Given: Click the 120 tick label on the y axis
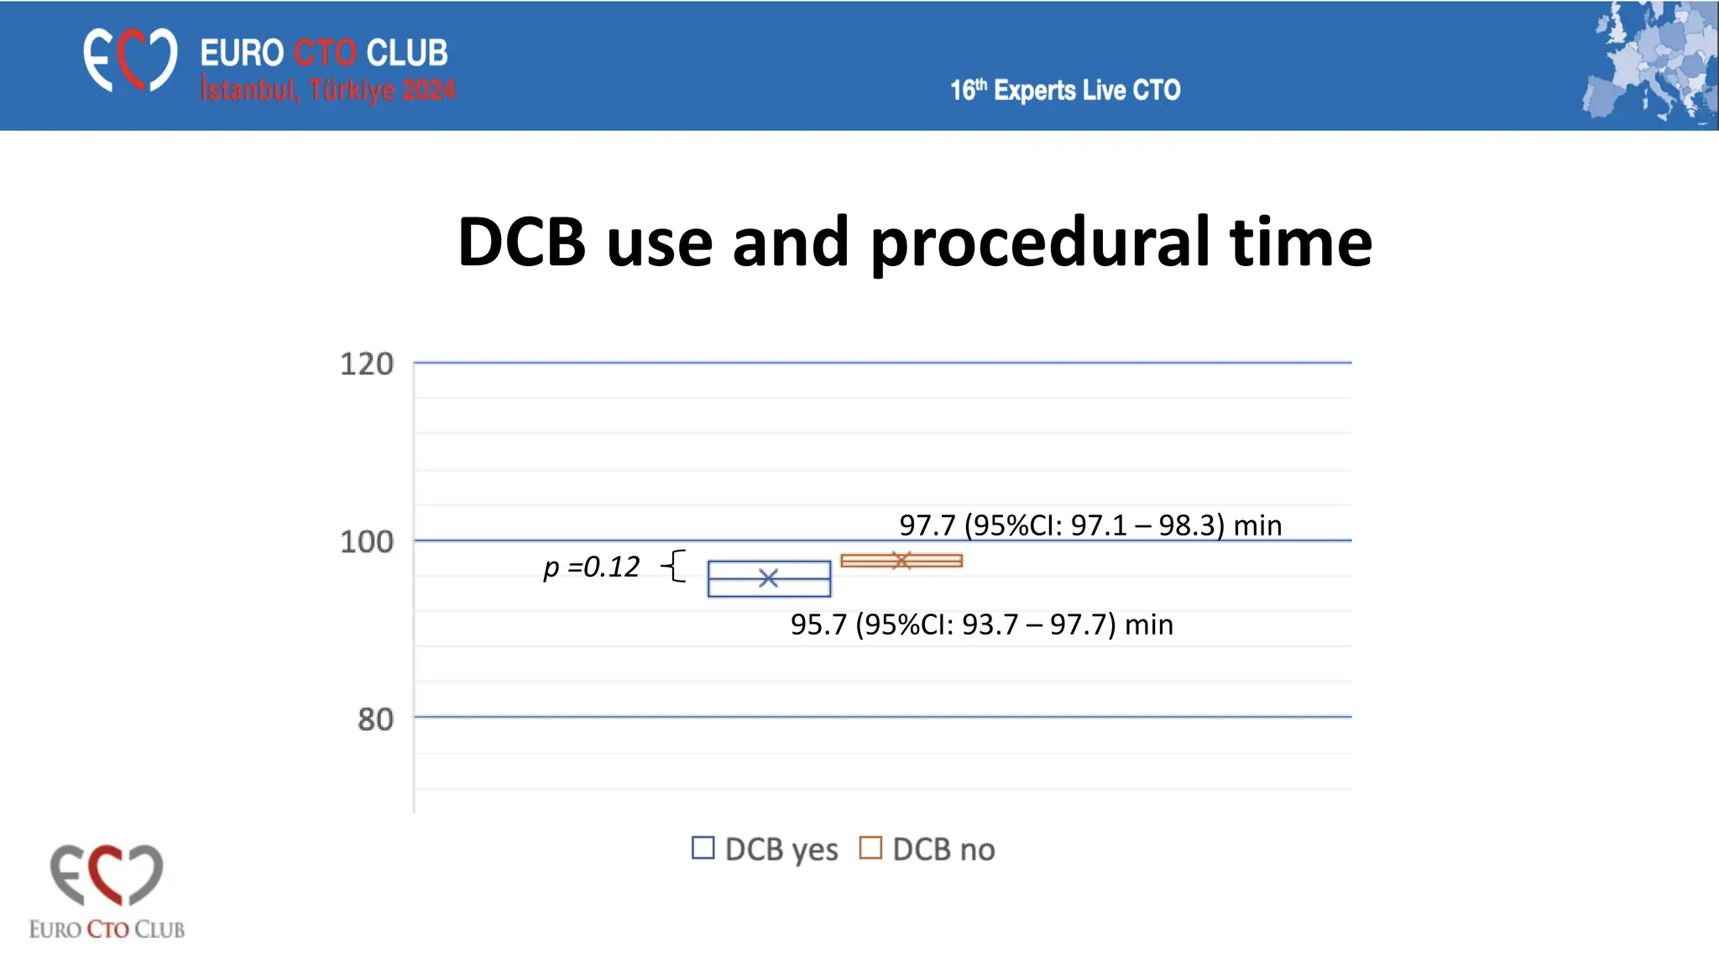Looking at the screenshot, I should pos(367,364).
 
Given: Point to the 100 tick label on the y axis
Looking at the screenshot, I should pos(367,541).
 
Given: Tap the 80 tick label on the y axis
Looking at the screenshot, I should pos(375,719).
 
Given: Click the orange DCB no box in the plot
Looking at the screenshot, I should pos(901,561).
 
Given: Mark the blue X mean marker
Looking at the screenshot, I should pos(768,578).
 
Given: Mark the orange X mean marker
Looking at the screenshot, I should pos(901,560).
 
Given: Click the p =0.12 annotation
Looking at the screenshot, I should pos(592,567).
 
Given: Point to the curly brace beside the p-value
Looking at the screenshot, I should pos(675,566).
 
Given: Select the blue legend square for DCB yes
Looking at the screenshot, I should pos(703,848).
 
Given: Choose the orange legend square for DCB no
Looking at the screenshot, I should pos(870,848).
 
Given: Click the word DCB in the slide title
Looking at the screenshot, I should pos(521,243).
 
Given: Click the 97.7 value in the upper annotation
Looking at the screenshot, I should pos(927,525).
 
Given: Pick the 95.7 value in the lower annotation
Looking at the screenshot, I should pos(818,625).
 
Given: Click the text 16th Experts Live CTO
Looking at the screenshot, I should pos(1065,90).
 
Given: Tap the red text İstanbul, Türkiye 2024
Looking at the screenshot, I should pos(327,90).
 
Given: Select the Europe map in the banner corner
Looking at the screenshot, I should pos(1650,64).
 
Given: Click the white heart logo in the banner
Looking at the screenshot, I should pos(130,60).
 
